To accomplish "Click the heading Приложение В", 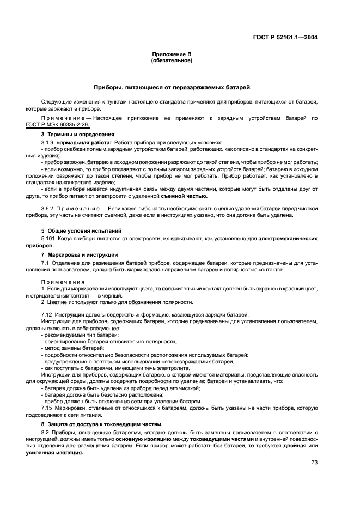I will pos(172,54).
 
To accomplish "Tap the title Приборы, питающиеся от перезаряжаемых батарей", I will pos(172,87).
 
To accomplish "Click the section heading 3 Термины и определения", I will pos(78,134).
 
